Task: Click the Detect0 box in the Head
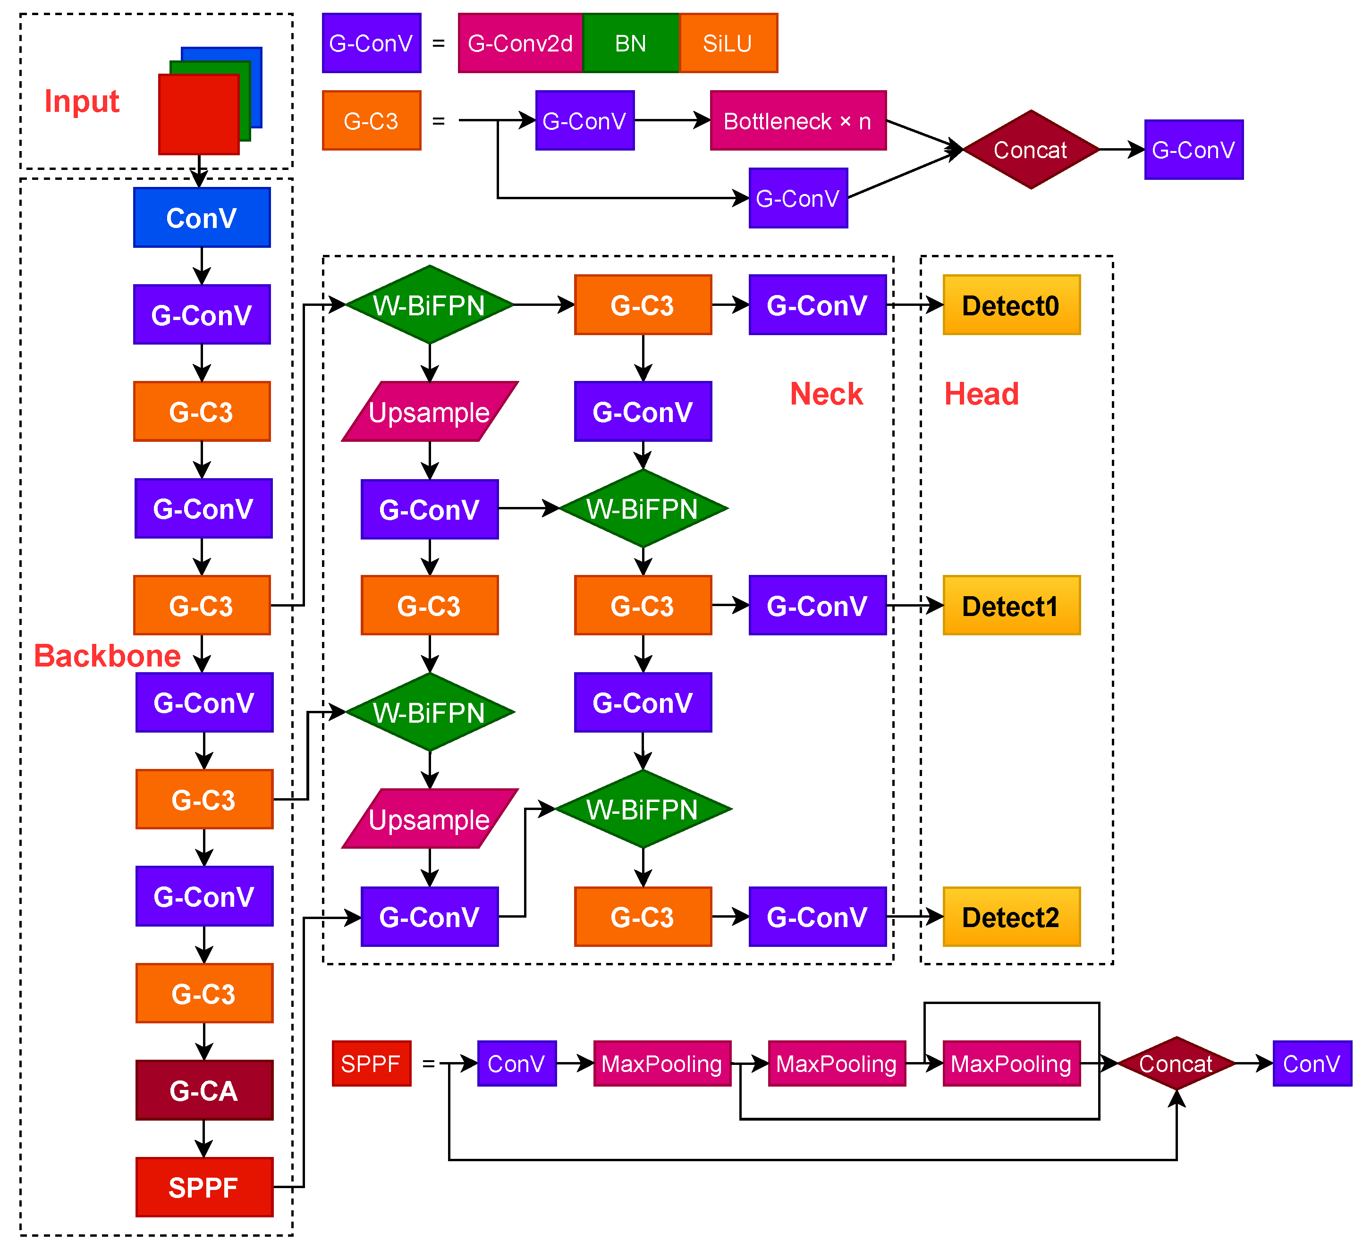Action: click(1011, 305)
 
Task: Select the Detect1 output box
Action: click(1011, 606)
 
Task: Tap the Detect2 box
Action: click(1011, 917)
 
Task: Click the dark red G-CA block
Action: click(204, 1091)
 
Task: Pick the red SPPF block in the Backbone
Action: click(204, 1188)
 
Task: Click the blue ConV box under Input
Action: click(202, 218)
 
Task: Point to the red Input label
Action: click(82, 101)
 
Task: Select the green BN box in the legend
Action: click(631, 43)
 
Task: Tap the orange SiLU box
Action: click(728, 43)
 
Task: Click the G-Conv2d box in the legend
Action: click(520, 43)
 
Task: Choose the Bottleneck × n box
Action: click(798, 121)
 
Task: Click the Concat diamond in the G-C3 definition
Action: click(1030, 149)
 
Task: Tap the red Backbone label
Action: click(107, 656)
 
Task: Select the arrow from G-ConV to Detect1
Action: click(914, 606)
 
